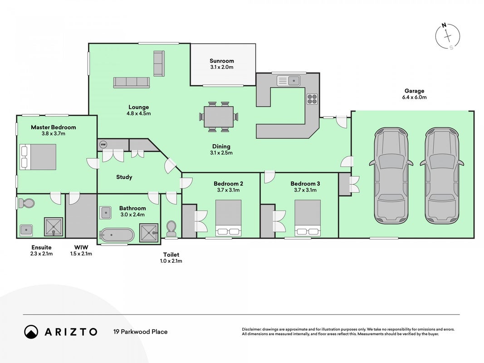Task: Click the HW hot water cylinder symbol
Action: coord(103,144)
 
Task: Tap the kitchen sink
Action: coord(288,81)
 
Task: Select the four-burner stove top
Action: coord(312,99)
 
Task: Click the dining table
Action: coord(219,117)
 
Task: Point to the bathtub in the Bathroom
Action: coord(117,235)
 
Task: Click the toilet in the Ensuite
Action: coord(25,203)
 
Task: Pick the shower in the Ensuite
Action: coord(54,227)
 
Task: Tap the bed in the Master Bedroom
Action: coord(38,157)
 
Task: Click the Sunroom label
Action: coord(222,61)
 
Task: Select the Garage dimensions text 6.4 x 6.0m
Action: coord(414,97)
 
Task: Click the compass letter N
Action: coord(444,25)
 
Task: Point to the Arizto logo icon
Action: coord(31,332)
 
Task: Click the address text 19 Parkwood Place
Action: coord(141,332)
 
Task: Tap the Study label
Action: coord(124,177)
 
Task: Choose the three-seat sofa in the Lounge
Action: coord(132,83)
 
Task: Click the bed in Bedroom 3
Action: coord(308,218)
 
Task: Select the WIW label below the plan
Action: coord(81,247)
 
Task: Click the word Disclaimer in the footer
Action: coord(252,329)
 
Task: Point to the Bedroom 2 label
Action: coord(229,184)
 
